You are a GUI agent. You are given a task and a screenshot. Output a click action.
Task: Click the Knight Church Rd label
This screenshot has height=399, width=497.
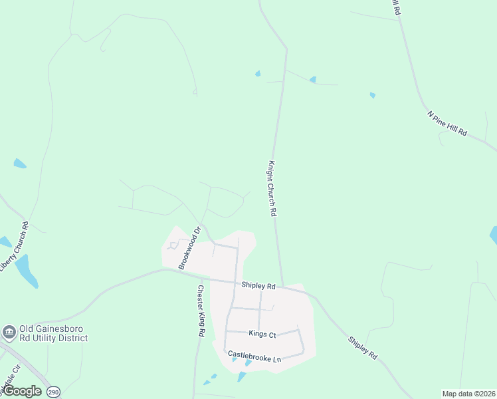(x=272, y=188)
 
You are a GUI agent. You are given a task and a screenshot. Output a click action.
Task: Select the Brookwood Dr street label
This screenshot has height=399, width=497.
(x=189, y=249)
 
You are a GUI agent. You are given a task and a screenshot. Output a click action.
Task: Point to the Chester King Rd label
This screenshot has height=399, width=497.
(x=200, y=311)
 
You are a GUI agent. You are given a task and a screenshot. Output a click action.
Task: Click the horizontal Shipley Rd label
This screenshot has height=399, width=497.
(x=258, y=286)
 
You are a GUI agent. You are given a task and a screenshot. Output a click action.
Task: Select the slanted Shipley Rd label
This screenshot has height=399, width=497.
(x=362, y=348)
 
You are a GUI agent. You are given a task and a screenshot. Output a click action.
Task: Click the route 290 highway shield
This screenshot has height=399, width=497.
(x=53, y=392)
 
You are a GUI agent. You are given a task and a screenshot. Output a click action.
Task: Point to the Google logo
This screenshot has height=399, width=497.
(x=22, y=391)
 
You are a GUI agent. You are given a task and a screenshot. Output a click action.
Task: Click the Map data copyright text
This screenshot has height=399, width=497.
(x=468, y=394)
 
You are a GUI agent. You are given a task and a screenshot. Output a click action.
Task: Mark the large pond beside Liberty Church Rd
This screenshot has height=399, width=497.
(x=27, y=271)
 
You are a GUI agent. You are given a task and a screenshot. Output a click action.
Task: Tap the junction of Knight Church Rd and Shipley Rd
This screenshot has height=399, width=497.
(x=282, y=287)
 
